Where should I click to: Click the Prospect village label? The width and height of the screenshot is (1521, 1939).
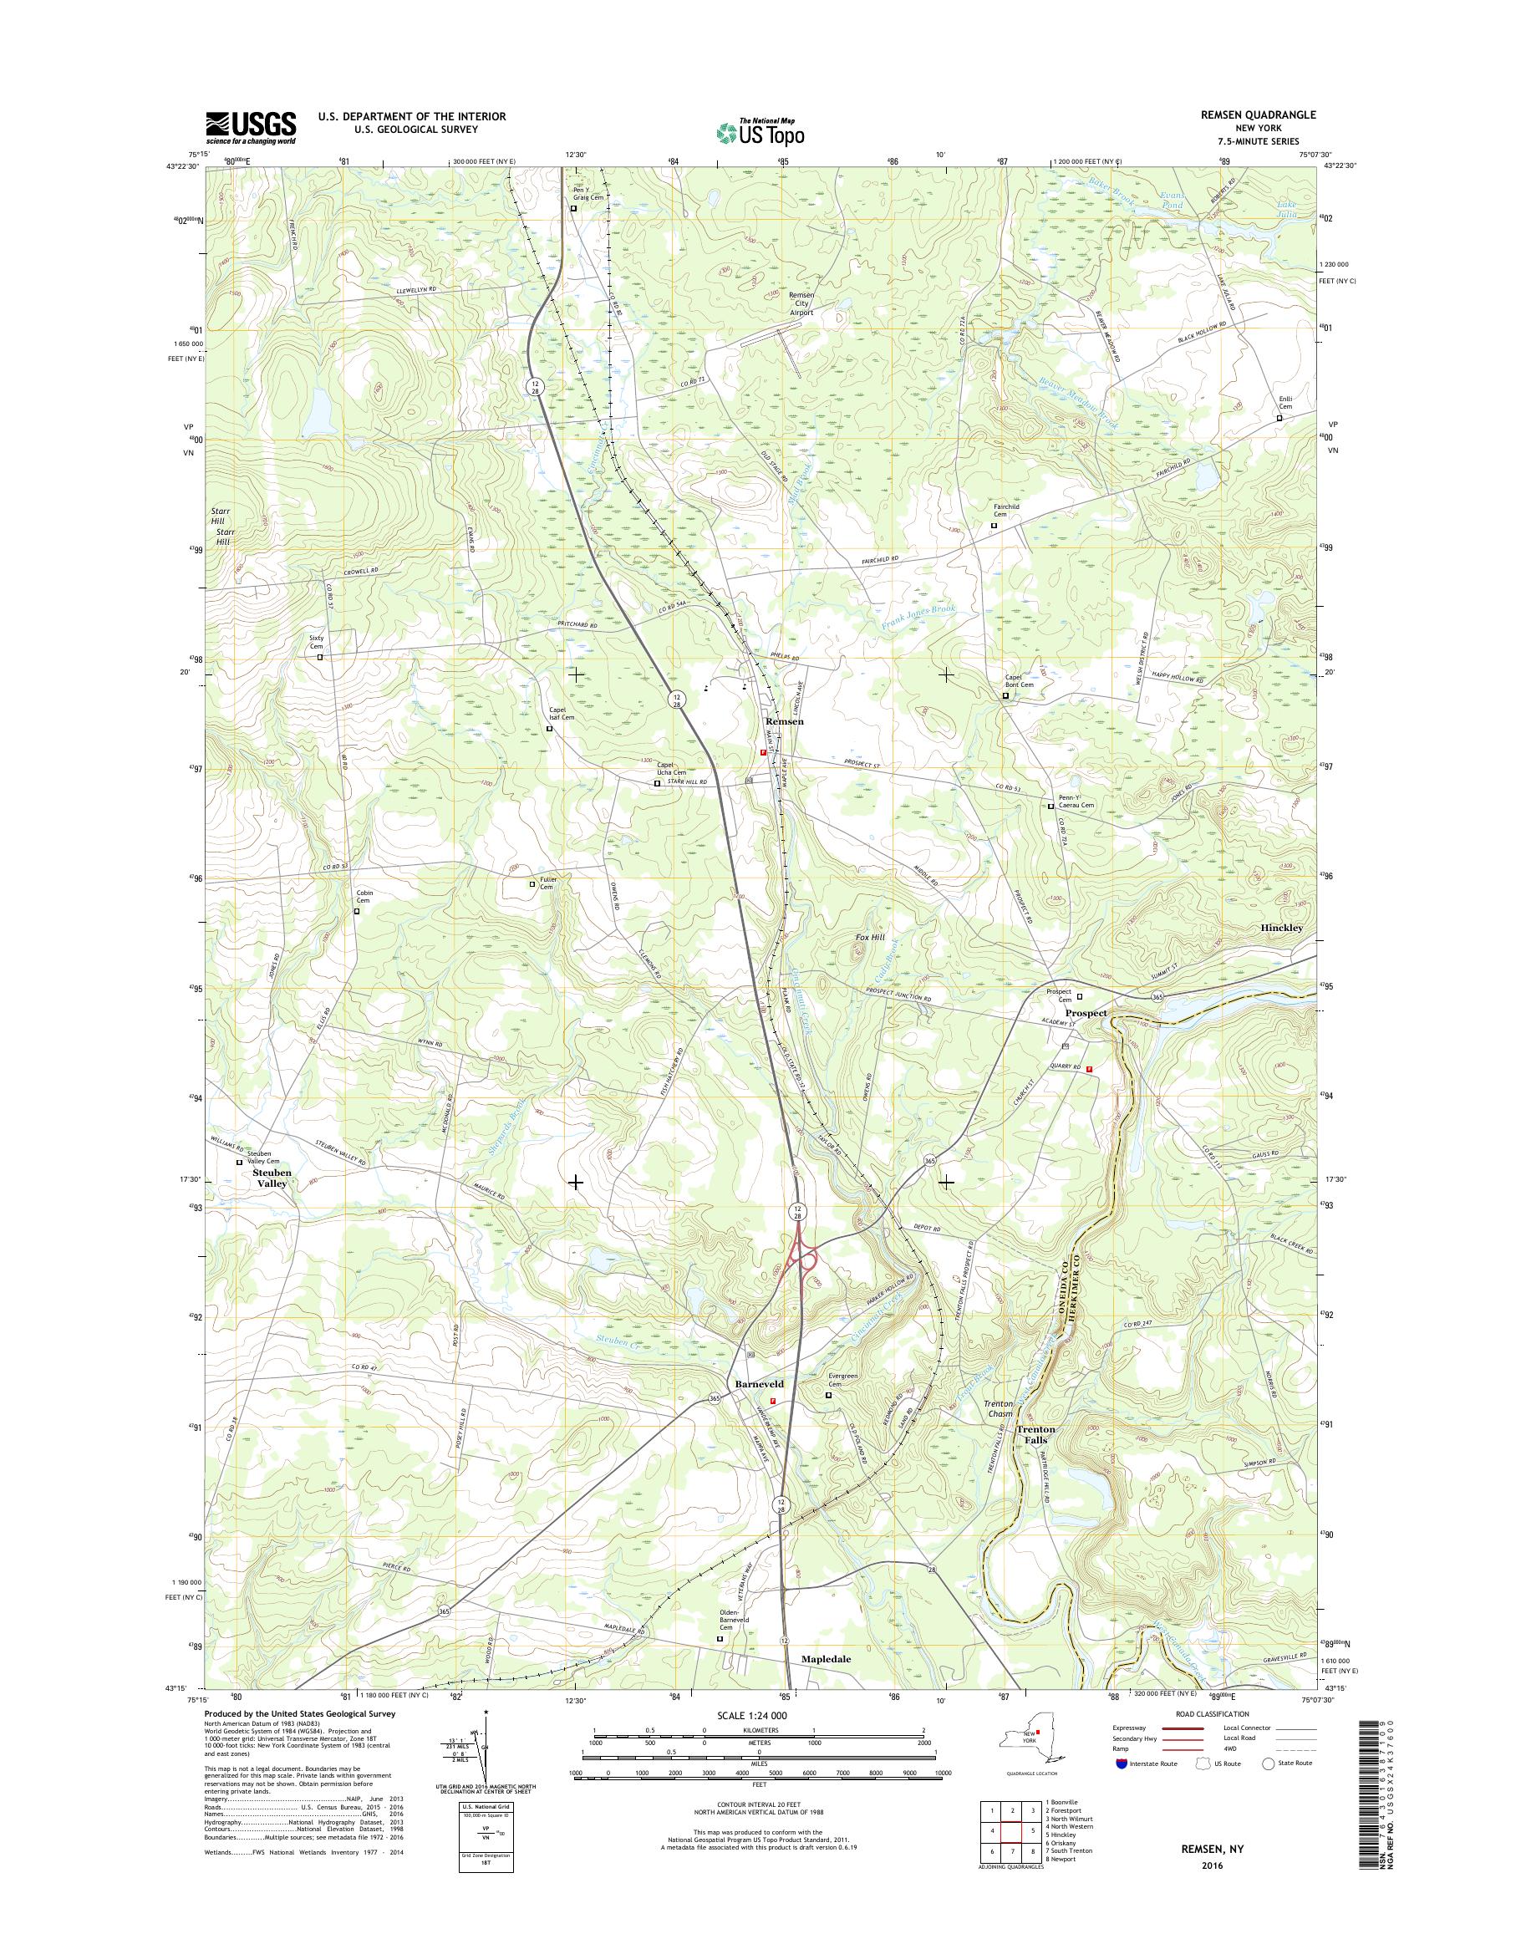tap(1086, 1014)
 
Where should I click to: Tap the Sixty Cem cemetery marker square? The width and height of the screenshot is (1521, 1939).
tap(320, 656)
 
